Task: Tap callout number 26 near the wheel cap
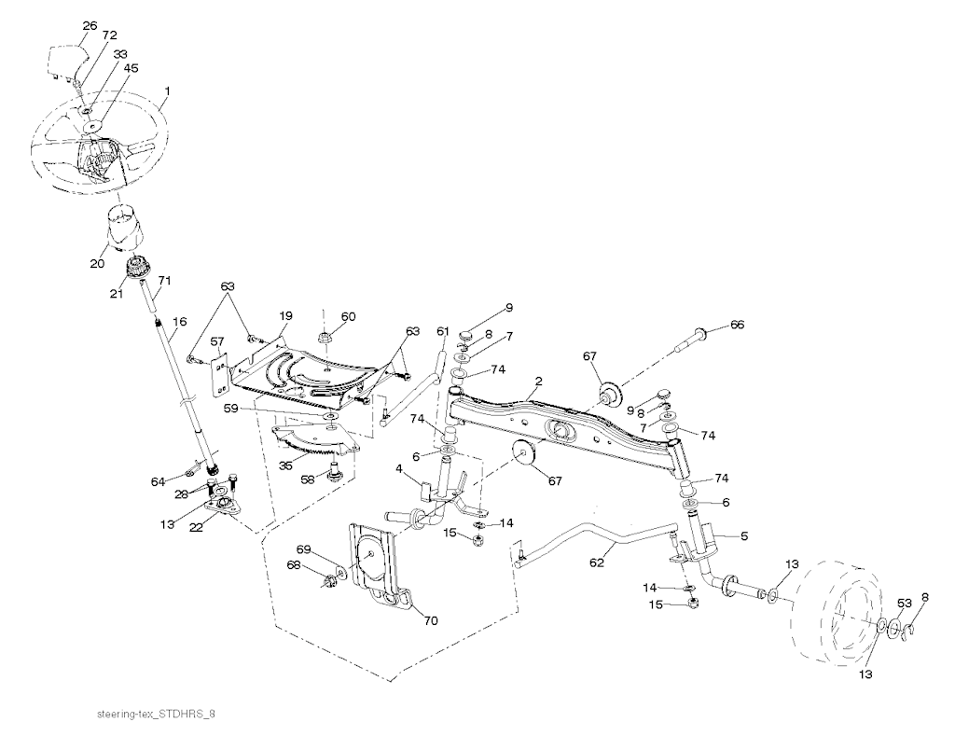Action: pyautogui.click(x=90, y=26)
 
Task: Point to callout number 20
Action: pyautogui.click(x=97, y=264)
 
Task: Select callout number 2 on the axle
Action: pyautogui.click(x=538, y=382)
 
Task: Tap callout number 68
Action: pyautogui.click(x=293, y=565)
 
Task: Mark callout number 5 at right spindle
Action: pyautogui.click(x=743, y=536)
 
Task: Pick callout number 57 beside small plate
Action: pyautogui.click(x=216, y=342)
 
